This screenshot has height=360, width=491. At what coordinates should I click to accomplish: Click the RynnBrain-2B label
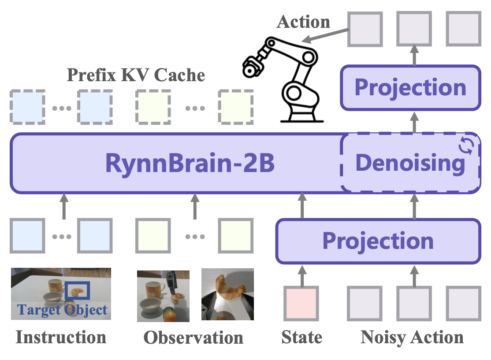pos(190,163)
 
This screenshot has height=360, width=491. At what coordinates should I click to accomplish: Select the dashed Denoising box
pos(410,163)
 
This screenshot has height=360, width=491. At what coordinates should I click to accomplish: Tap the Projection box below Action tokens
pos(410,88)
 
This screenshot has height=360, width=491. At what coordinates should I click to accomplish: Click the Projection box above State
pos(378,241)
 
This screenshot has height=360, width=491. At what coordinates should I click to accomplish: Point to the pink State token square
pos(301,303)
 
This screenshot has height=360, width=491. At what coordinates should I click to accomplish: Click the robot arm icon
pos(283,79)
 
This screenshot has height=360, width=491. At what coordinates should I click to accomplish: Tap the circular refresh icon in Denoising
pos(466,146)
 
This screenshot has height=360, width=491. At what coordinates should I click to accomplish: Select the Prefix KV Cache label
pos(136,75)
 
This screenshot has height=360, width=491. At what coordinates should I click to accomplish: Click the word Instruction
pos(61,337)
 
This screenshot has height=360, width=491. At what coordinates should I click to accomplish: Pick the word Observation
pos(193,338)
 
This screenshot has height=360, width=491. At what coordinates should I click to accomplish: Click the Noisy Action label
pos(412,338)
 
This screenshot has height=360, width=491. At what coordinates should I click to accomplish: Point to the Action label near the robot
pos(303,22)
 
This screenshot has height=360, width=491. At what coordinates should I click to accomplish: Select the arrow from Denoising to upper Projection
pos(414,123)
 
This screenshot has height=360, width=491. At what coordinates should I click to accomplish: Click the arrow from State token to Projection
pos(302,276)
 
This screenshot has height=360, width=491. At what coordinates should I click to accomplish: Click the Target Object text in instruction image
pos(62,310)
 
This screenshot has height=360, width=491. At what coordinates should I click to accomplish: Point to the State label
pos(301,337)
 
